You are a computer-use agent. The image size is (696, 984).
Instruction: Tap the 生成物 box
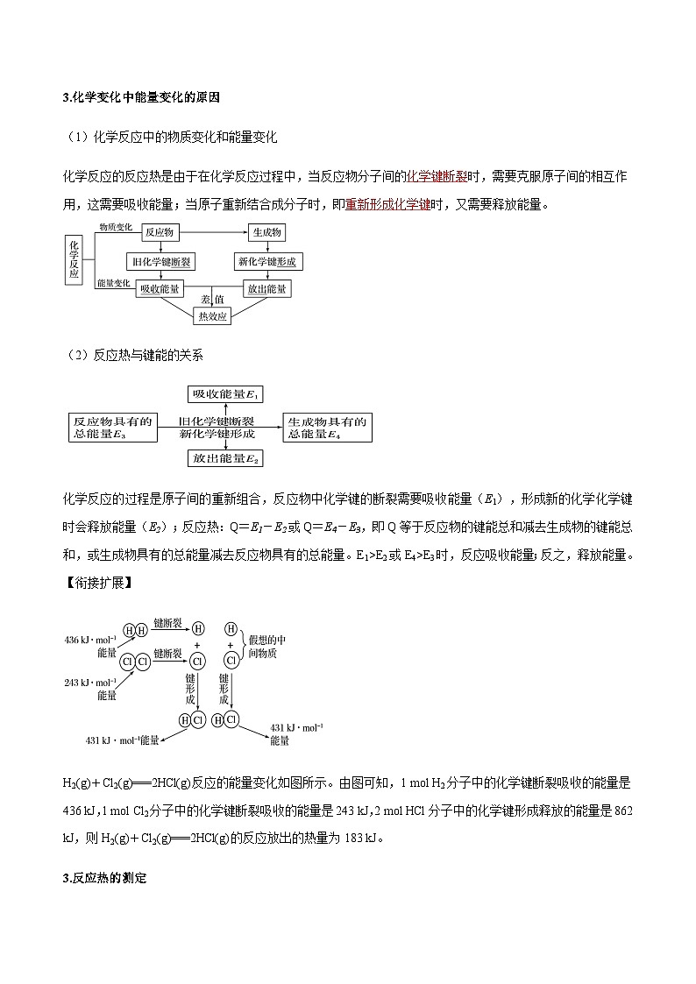coord(266,233)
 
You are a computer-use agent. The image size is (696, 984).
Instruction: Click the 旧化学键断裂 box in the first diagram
coord(162,262)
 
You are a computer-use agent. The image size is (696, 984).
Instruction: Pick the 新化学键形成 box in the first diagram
coord(266,262)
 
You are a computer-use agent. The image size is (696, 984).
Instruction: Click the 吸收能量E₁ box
coord(225,393)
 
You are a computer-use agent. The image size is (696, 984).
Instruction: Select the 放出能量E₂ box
coord(225,457)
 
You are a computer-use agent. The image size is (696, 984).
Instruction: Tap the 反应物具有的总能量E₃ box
coord(112,428)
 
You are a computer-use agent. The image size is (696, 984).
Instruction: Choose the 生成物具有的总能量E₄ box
coord(327,428)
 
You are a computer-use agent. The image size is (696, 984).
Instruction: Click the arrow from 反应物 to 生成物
coord(215,233)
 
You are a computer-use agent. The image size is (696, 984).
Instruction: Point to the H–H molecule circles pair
coord(136,631)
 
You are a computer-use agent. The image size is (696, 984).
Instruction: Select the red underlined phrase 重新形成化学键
coord(387,205)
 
